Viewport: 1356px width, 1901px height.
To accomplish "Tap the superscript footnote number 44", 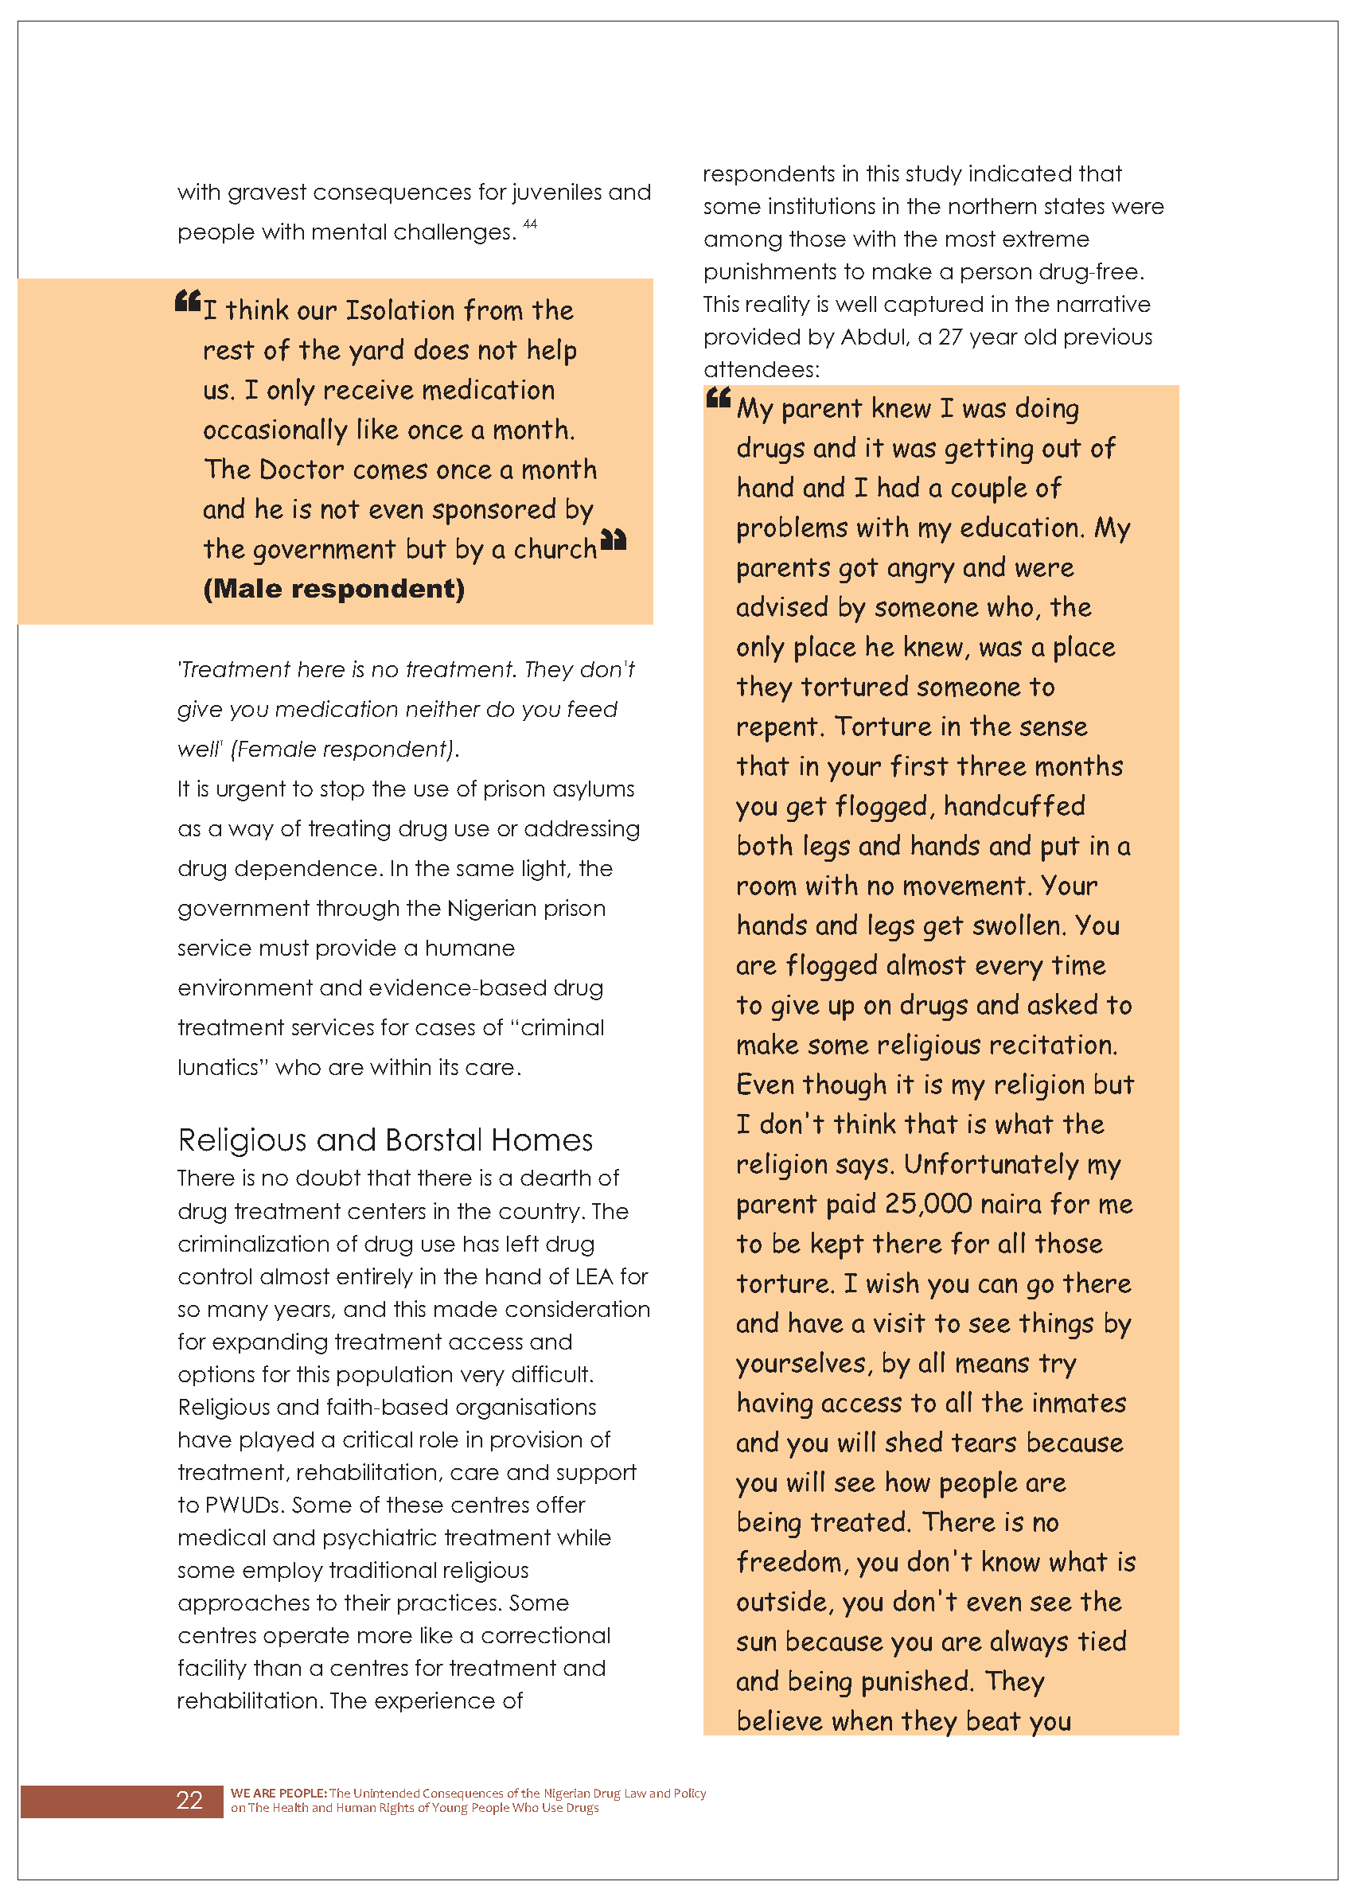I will coord(530,224).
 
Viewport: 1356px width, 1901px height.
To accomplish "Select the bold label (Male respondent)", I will coord(334,589).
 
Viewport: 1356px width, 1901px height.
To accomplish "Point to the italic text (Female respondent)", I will coord(344,749).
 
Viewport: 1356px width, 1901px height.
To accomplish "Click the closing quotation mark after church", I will coord(614,540).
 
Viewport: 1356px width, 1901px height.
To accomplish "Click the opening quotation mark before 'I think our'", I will coord(188,301).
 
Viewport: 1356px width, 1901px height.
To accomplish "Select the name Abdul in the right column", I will coord(874,337).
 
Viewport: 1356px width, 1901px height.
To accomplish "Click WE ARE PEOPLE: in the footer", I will coord(278,1793).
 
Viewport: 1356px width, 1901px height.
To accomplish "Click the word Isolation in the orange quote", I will coord(401,310).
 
